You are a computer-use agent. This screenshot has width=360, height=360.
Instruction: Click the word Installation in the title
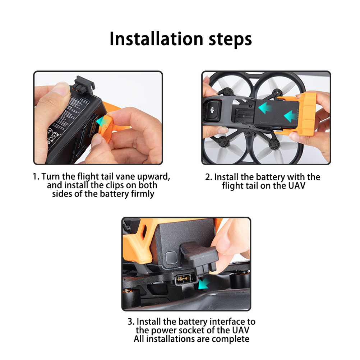[156, 38]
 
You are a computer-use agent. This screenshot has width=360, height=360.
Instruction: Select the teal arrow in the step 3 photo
[203, 283]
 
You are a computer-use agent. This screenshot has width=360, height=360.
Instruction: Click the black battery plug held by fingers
[199, 257]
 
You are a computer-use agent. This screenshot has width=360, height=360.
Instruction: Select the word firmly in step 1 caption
[143, 194]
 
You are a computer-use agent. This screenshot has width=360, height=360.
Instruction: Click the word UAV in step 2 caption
[297, 185]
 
